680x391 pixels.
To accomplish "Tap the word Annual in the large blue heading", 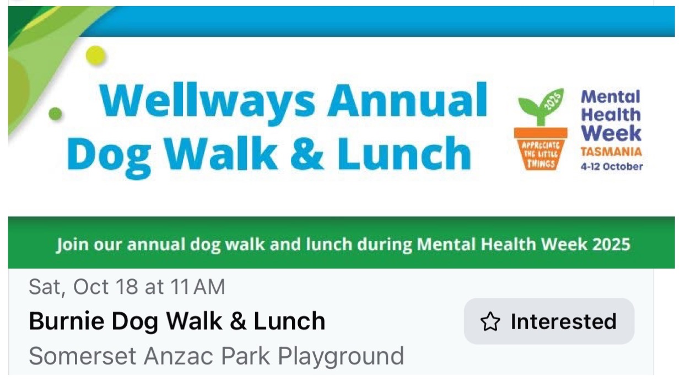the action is coord(407,100).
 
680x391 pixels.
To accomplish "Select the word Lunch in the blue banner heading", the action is coord(404,153).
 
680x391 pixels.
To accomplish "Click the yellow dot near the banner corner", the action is coord(96,56).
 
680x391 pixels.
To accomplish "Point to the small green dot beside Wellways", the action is coord(55,114).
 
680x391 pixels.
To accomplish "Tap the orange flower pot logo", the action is coord(541,148).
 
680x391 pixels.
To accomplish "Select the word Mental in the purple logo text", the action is coord(611,97).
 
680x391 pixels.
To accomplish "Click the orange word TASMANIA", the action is coord(611,152).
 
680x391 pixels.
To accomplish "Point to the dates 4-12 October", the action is coord(612,167).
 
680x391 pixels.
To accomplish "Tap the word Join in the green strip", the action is coord(72,245).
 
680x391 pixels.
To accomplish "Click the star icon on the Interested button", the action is coord(490,322).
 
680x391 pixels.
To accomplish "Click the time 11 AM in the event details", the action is coord(198,287).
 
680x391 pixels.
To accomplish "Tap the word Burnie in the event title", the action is coord(67,321).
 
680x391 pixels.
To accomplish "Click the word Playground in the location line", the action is coord(341,357).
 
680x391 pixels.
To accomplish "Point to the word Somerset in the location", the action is coord(82,356).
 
